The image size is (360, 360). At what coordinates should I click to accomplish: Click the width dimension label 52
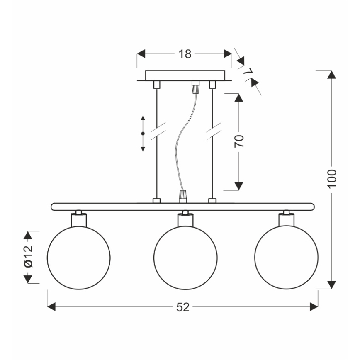(182, 307)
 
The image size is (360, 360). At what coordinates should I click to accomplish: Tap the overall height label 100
(332, 179)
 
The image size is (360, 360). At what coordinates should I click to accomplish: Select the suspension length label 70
(239, 141)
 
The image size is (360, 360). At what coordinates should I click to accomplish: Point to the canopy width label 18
(185, 54)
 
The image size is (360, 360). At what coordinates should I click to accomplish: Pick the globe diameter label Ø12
(28, 257)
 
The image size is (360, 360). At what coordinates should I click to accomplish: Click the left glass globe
(79, 258)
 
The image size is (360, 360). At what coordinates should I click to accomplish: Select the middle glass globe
(185, 258)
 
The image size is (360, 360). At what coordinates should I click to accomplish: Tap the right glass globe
(286, 258)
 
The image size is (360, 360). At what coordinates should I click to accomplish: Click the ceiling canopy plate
(185, 75)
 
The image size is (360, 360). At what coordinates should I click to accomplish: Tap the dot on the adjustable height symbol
(143, 134)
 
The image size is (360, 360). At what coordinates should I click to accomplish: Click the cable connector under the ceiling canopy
(195, 88)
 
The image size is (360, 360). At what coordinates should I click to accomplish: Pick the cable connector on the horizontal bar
(182, 196)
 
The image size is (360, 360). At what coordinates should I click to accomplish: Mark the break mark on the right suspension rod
(213, 131)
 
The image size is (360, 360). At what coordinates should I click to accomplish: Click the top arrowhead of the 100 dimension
(331, 75)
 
